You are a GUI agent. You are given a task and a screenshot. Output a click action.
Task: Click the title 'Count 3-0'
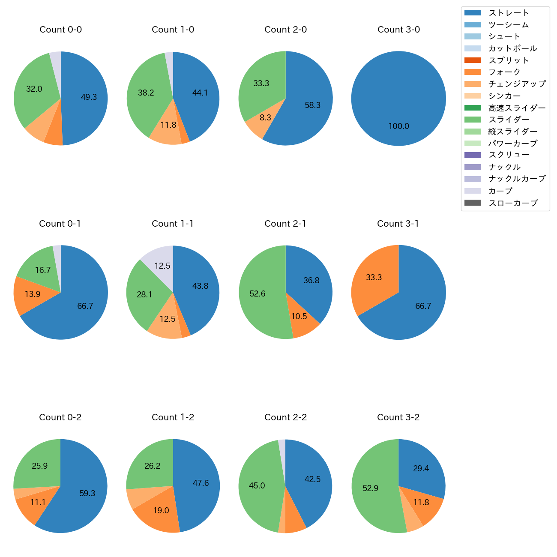tap(398, 30)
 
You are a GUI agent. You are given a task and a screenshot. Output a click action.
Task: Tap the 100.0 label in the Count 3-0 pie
tap(398, 126)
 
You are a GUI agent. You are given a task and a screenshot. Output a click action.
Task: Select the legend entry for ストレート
tap(509, 13)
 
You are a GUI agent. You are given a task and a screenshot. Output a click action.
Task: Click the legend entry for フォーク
tap(504, 72)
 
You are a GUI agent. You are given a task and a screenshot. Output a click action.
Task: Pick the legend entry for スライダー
tap(509, 120)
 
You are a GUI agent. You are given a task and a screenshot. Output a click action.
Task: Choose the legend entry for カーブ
tap(500, 191)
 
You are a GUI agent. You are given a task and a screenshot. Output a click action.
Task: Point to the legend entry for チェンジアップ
tap(517, 84)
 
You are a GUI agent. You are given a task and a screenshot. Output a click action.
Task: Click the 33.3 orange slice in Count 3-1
tap(374, 278)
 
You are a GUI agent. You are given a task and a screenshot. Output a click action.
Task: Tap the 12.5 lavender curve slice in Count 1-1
tap(162, 266)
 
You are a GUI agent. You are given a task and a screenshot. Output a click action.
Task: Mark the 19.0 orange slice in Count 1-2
tap(161, 510)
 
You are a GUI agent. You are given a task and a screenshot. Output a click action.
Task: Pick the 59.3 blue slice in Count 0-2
tap(87, 493)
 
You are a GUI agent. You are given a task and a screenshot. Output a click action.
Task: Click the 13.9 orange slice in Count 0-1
tap(32, 294)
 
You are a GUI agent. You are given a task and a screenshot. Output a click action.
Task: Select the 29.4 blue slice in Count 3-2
tap(421, 469)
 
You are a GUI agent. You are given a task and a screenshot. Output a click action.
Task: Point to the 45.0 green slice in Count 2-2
tap(257, 485)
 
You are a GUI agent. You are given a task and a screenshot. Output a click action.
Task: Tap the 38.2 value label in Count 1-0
tap(146, 93)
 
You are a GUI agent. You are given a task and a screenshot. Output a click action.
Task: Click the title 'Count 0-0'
tap(60, 30)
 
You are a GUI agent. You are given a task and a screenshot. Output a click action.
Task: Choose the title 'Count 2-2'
tap(285, 417)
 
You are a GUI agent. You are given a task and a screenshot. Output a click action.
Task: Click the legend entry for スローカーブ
tap(512, 203)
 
